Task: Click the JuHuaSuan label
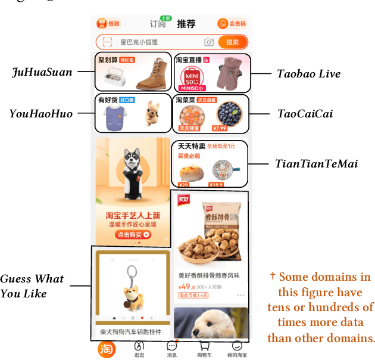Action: [x=42, y=73]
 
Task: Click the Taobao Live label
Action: [x=309, y=74]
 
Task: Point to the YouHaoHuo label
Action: [x=40, y=113]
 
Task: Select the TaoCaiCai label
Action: [x=304, y=113]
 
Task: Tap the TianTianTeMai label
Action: [x=316, y=163]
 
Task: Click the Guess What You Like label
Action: [x=32, y=286]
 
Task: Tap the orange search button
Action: [x=232, y=42]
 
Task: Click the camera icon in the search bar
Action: [x=209, y=42]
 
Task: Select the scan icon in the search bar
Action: [x=107, y=42]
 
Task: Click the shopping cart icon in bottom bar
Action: [x=205, y=347]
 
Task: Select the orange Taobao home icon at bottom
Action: [x=107, y=349]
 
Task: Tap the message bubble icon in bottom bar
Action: [x=172, y=346]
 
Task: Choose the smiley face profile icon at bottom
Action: [x=237, y=346]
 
